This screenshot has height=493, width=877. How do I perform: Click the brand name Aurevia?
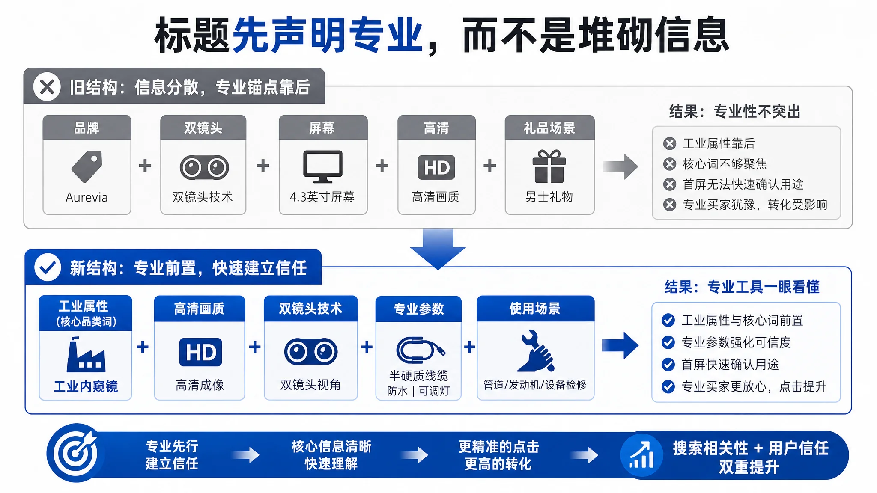(x=87, y=197)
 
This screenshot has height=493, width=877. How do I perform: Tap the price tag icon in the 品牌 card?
(x=87, y=166)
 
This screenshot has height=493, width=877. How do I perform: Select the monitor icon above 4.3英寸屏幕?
(x=323, y=166)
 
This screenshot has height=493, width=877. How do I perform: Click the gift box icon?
(x=549, y=166)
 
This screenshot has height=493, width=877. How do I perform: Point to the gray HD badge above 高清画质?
(x=436, y=167)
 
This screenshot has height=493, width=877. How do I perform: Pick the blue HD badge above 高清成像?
(x=200, y=352)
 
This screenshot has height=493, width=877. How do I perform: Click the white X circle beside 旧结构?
(x=47, y=87)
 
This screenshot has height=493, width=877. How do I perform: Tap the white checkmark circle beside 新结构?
(x=48, y=267)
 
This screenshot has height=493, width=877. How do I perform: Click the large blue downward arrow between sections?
(x=438, y=249)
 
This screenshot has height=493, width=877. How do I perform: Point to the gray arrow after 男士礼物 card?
(x=620, y=166)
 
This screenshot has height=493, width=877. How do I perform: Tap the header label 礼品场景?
(x=549, y=128)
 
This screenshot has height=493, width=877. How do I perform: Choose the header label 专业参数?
(x=419, y=309)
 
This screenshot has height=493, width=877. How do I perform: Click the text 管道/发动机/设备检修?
(x=535, y=385)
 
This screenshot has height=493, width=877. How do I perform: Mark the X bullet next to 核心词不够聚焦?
(x=670, y=164)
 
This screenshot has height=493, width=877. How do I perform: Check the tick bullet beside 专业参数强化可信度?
(x=668, y=342)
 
